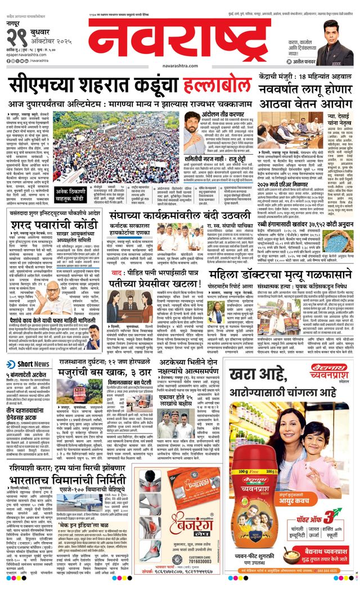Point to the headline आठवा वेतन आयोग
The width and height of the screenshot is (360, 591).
click(304, 104)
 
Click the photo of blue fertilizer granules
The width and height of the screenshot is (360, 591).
click(337, 241)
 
